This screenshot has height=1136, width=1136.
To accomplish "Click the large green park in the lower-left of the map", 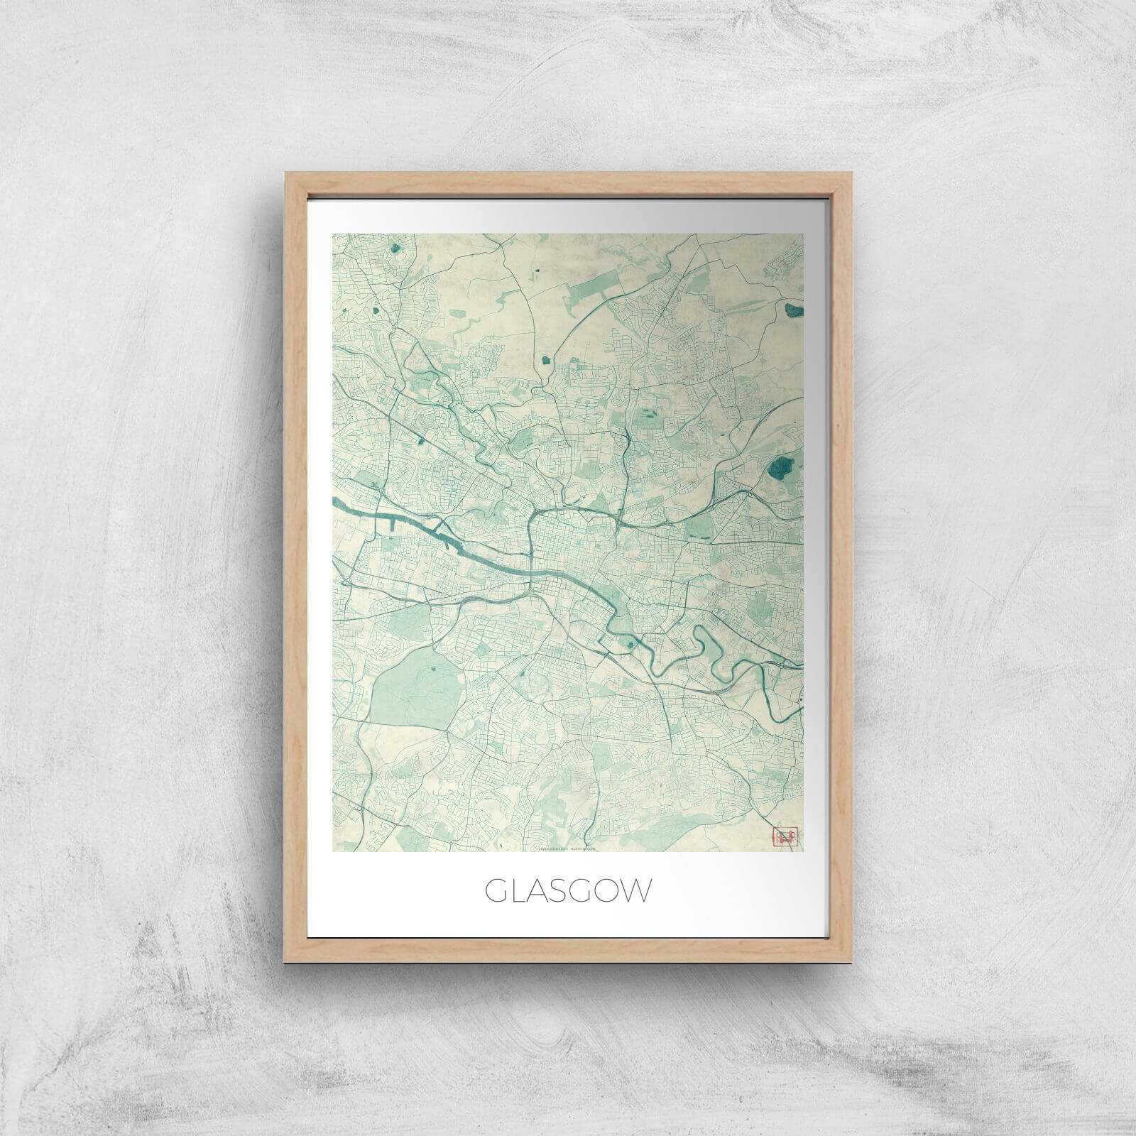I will [408, 685].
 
